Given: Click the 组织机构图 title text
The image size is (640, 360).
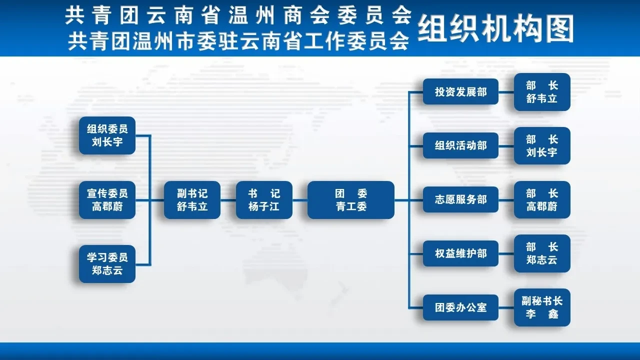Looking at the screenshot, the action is pyautogui.click(x=495, y=29).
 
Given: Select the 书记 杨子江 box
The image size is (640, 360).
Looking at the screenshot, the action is pyautogui.click(x=264, y=200).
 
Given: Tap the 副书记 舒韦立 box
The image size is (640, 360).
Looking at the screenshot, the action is pyautogui.click(x=192, y=200).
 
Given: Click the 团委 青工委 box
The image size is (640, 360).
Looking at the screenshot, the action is pyautogui.click(x=351, y=200).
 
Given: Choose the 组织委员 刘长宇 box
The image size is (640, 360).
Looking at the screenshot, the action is pyautogui.click(x=107, y=135).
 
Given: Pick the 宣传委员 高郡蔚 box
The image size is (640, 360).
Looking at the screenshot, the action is pyautogui.click(x=107, y=200).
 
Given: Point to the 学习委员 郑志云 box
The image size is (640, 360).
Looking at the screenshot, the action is pyautogui.click(x=107, y=264).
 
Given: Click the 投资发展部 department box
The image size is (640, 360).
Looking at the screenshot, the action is pyautogui.click(x=460, y=91).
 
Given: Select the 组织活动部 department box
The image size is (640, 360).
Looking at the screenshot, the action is pyautogui.click(x=460, y=145).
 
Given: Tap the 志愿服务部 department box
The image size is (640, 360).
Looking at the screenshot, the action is pyautogui.click(x=460, y=199).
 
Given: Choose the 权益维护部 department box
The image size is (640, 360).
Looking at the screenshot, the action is pyautogui.click(x=460, y=253).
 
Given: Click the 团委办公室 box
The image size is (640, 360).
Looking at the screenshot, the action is pyautogui.click(x=460, y=307).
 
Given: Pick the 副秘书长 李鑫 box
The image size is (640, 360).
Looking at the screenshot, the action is pyautogui.click(x=542, y=307).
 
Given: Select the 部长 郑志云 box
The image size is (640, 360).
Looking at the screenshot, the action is pyautogui.click(x=542, y=253).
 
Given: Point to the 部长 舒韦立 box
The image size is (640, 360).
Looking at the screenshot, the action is pyautogui.click(x=542, y=92).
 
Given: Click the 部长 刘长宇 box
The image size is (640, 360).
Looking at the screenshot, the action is pyautogui.click(x=542, y=145).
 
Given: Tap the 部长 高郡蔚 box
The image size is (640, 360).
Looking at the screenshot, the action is pyautogui.click(x=542, y=199).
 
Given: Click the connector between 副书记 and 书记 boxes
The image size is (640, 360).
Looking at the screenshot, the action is pyautogui.click(x=228, y=200).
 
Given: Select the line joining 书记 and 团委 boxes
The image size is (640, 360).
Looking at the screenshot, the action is pyautogui.click(x=299, y=200).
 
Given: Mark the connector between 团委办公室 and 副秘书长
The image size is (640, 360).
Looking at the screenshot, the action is pyautogui.click(x=506, y=307).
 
